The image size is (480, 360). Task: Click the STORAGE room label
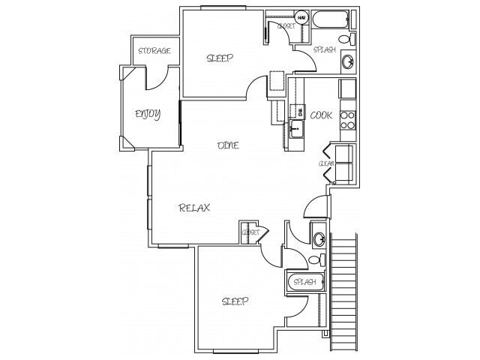[x=154, y=51]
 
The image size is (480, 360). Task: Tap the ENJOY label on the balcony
[x=147, y=114]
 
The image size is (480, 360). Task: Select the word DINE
[x=228, y=145]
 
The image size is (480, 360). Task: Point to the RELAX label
[x=194, y=208]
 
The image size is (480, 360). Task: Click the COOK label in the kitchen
[x=321, y=115]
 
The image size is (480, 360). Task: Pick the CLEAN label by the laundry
[x=326, y=163]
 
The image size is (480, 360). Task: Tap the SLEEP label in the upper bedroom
[x=220, y=58]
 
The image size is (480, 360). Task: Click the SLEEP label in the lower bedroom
[x=235, y=301]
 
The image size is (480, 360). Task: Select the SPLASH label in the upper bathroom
[x=325, y=50]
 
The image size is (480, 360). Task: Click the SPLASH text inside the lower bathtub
[x=304, y=282]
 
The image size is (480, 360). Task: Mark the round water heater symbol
[x=301, y=17]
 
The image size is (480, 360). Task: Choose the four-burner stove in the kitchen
[x=347, y=120]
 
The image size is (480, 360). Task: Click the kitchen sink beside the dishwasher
[x=297, y=129]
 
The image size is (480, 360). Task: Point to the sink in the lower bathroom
[x=319, y=239]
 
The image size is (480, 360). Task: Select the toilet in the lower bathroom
[x=316, y=259]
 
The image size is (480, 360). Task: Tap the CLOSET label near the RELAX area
[x=250, y=232]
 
